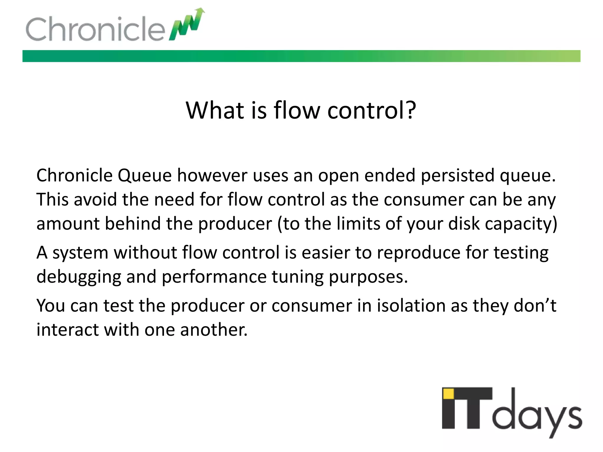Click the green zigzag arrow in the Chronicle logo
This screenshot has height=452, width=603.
coord(187,25)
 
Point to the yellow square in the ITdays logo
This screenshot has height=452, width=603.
coord(448,394)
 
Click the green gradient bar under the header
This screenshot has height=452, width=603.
coord(301,56)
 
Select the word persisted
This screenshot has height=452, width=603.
coord(458,176)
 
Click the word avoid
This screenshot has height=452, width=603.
coord(95,200)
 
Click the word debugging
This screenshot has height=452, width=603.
coord(79,277)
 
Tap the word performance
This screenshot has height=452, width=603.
coord(214,277)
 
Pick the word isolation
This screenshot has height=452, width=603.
coord(411,306)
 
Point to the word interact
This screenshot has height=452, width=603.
coord(67,330)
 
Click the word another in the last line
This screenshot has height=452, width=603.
coord(214,330)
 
